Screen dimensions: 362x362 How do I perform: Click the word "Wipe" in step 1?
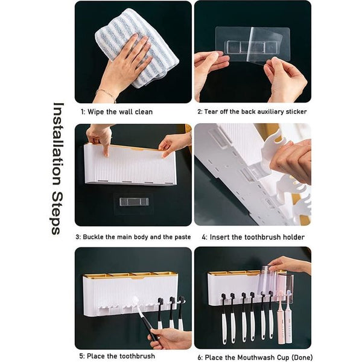tap(95, 112)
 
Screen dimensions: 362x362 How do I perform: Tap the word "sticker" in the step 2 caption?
tap(296, 112)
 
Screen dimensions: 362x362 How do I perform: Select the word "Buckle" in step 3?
tap(93, 237)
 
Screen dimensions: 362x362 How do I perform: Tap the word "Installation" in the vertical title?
tap(57, 144)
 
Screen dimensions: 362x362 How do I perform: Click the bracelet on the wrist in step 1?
tap(106, 94)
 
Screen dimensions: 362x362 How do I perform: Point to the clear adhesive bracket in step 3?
tap(134, 203)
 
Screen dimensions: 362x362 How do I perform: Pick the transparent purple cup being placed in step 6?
tap(268, 281)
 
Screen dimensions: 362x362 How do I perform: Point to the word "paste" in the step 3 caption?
tap(182, 237)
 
